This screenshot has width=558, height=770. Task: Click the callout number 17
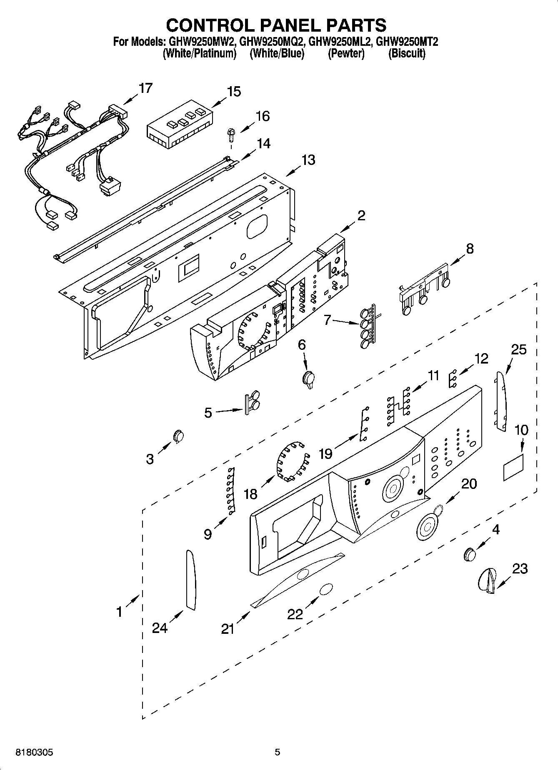pos(145,88)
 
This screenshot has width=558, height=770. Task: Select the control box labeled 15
pos(180,124)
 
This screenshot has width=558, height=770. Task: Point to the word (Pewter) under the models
pos(346,54)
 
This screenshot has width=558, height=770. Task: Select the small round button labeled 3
pos(178,436)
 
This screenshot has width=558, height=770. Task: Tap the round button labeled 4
pos(470,554)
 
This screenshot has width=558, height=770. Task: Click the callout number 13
pos(308,160)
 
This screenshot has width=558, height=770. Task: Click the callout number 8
pos(470,249)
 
